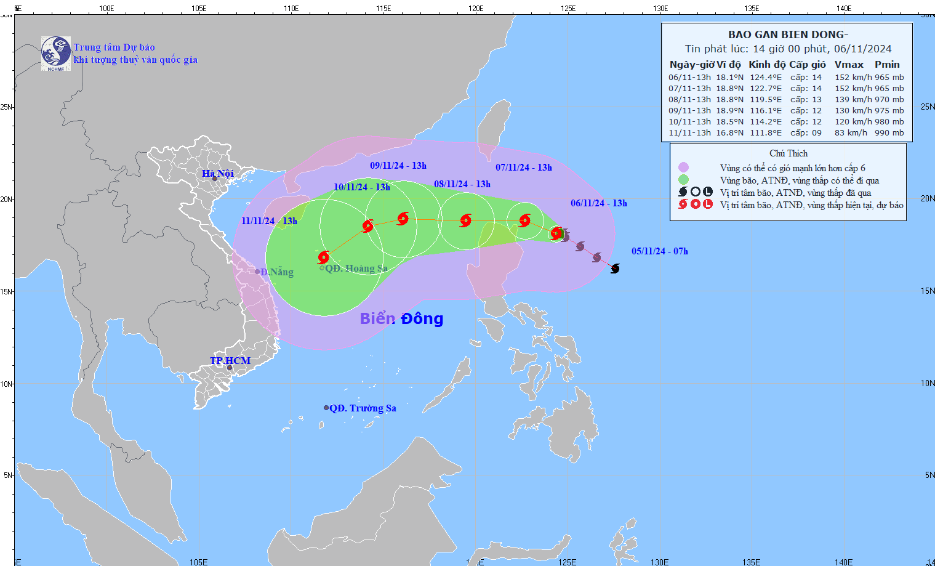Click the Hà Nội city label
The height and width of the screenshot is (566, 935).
coord(218,174)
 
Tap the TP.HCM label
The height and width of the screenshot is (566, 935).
coord(230,361)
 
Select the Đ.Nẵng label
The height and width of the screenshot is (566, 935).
coord(276,272)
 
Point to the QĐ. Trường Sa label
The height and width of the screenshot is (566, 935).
coord(363,408)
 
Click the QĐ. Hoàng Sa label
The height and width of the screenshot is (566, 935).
coord(356,269)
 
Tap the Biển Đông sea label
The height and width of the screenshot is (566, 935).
coord(401,318)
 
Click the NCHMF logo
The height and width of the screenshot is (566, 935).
coord(56,54)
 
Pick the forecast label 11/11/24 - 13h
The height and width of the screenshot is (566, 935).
coord(269,221)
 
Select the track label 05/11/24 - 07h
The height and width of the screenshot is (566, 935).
coord(660,251)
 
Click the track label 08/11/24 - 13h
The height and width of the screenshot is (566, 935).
coord(462,184)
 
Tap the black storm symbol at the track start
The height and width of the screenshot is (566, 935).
coord(615,269)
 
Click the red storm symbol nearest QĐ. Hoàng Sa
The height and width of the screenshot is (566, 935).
coord(324,257)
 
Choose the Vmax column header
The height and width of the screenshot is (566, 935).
coord(849,65)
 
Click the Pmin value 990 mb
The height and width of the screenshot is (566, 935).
coord(889,133)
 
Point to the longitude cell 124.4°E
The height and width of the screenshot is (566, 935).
coord(766,78)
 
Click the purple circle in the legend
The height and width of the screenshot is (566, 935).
coord(683,168)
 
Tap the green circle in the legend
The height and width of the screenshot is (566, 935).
coord(683,180)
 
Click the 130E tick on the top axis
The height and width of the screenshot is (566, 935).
coord(660,9)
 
